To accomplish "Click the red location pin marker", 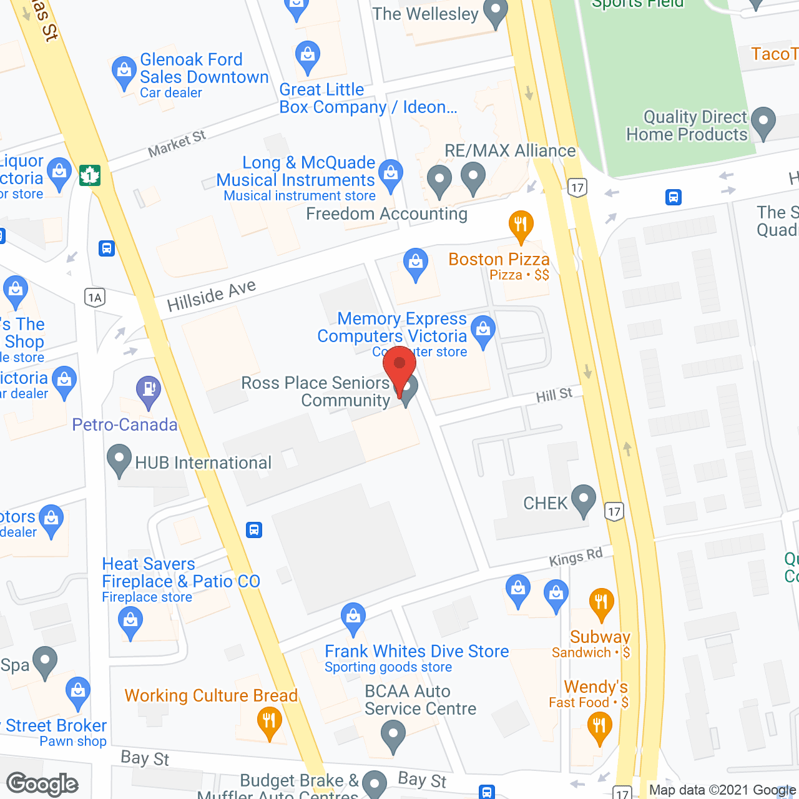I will coord(399,368).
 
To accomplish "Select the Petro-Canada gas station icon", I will coord(149,390).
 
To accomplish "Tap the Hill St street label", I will coord(554,395).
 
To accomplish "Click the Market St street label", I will coord(177,144).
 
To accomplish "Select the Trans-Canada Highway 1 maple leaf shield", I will coord(90,175).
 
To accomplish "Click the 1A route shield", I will coord(95,297).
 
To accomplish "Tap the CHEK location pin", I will coord(584,499).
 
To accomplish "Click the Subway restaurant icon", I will coord(601,603).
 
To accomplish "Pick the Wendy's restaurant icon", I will coord(599,727).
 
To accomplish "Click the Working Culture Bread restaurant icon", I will coord(269,723).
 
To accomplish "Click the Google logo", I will coord(42,784).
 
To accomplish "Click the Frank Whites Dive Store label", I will coord(416,652).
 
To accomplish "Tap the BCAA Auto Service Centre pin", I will coord(393,735).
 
